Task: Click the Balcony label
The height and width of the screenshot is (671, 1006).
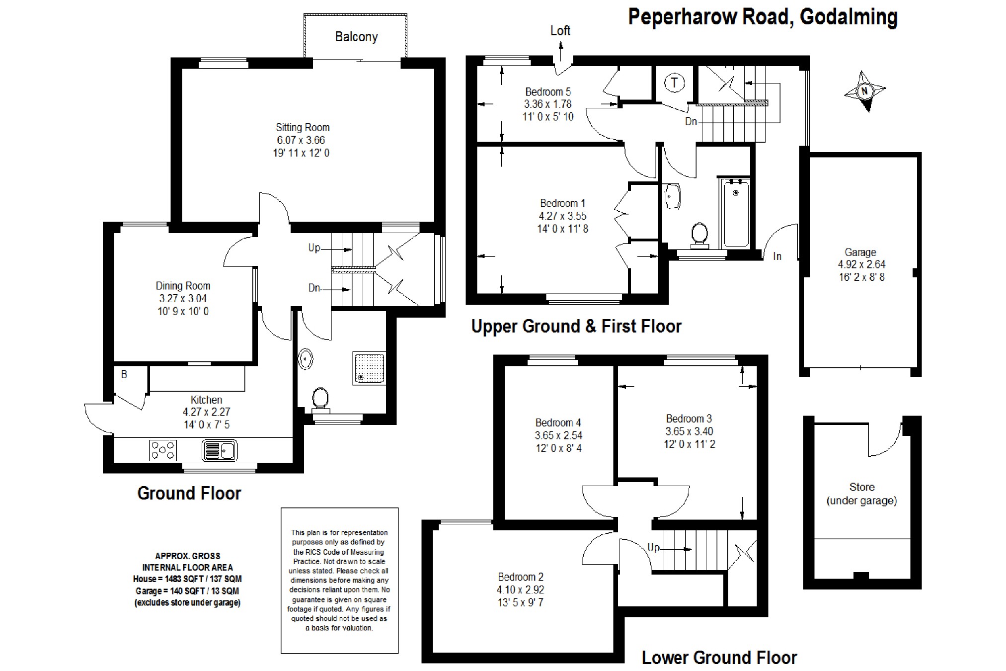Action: pos(356,37)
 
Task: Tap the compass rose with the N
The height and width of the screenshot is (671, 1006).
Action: pos(864,91)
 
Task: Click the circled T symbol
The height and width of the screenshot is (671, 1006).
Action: pos(674,83)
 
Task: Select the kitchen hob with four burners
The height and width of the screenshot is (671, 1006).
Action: pos(163,450)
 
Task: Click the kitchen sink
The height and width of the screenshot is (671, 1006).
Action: pos(220,450)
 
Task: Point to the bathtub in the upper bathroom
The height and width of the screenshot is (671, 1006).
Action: pos(736,214)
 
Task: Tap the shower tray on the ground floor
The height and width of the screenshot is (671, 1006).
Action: pos(369,368)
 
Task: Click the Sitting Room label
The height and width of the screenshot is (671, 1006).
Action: pos(303,128)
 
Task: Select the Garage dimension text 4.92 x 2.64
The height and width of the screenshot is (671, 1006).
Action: pos(861,264)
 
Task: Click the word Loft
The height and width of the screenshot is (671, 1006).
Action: pos(560,31)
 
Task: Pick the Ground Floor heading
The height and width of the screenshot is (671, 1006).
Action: pos(189,493)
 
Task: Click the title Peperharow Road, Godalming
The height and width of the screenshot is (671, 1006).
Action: pos(763,17)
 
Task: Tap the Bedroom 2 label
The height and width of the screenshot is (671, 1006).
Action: pos(521,577)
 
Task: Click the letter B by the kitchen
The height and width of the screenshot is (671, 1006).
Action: pos(124,374)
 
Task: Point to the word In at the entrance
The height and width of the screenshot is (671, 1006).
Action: pos(777,256)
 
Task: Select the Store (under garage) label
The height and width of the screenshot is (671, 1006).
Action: pos(861,494)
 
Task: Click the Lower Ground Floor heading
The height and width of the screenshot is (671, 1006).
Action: pos(719,658)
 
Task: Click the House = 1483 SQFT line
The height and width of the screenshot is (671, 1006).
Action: pos(187,579)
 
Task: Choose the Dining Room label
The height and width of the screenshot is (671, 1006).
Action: pos(183,286)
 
